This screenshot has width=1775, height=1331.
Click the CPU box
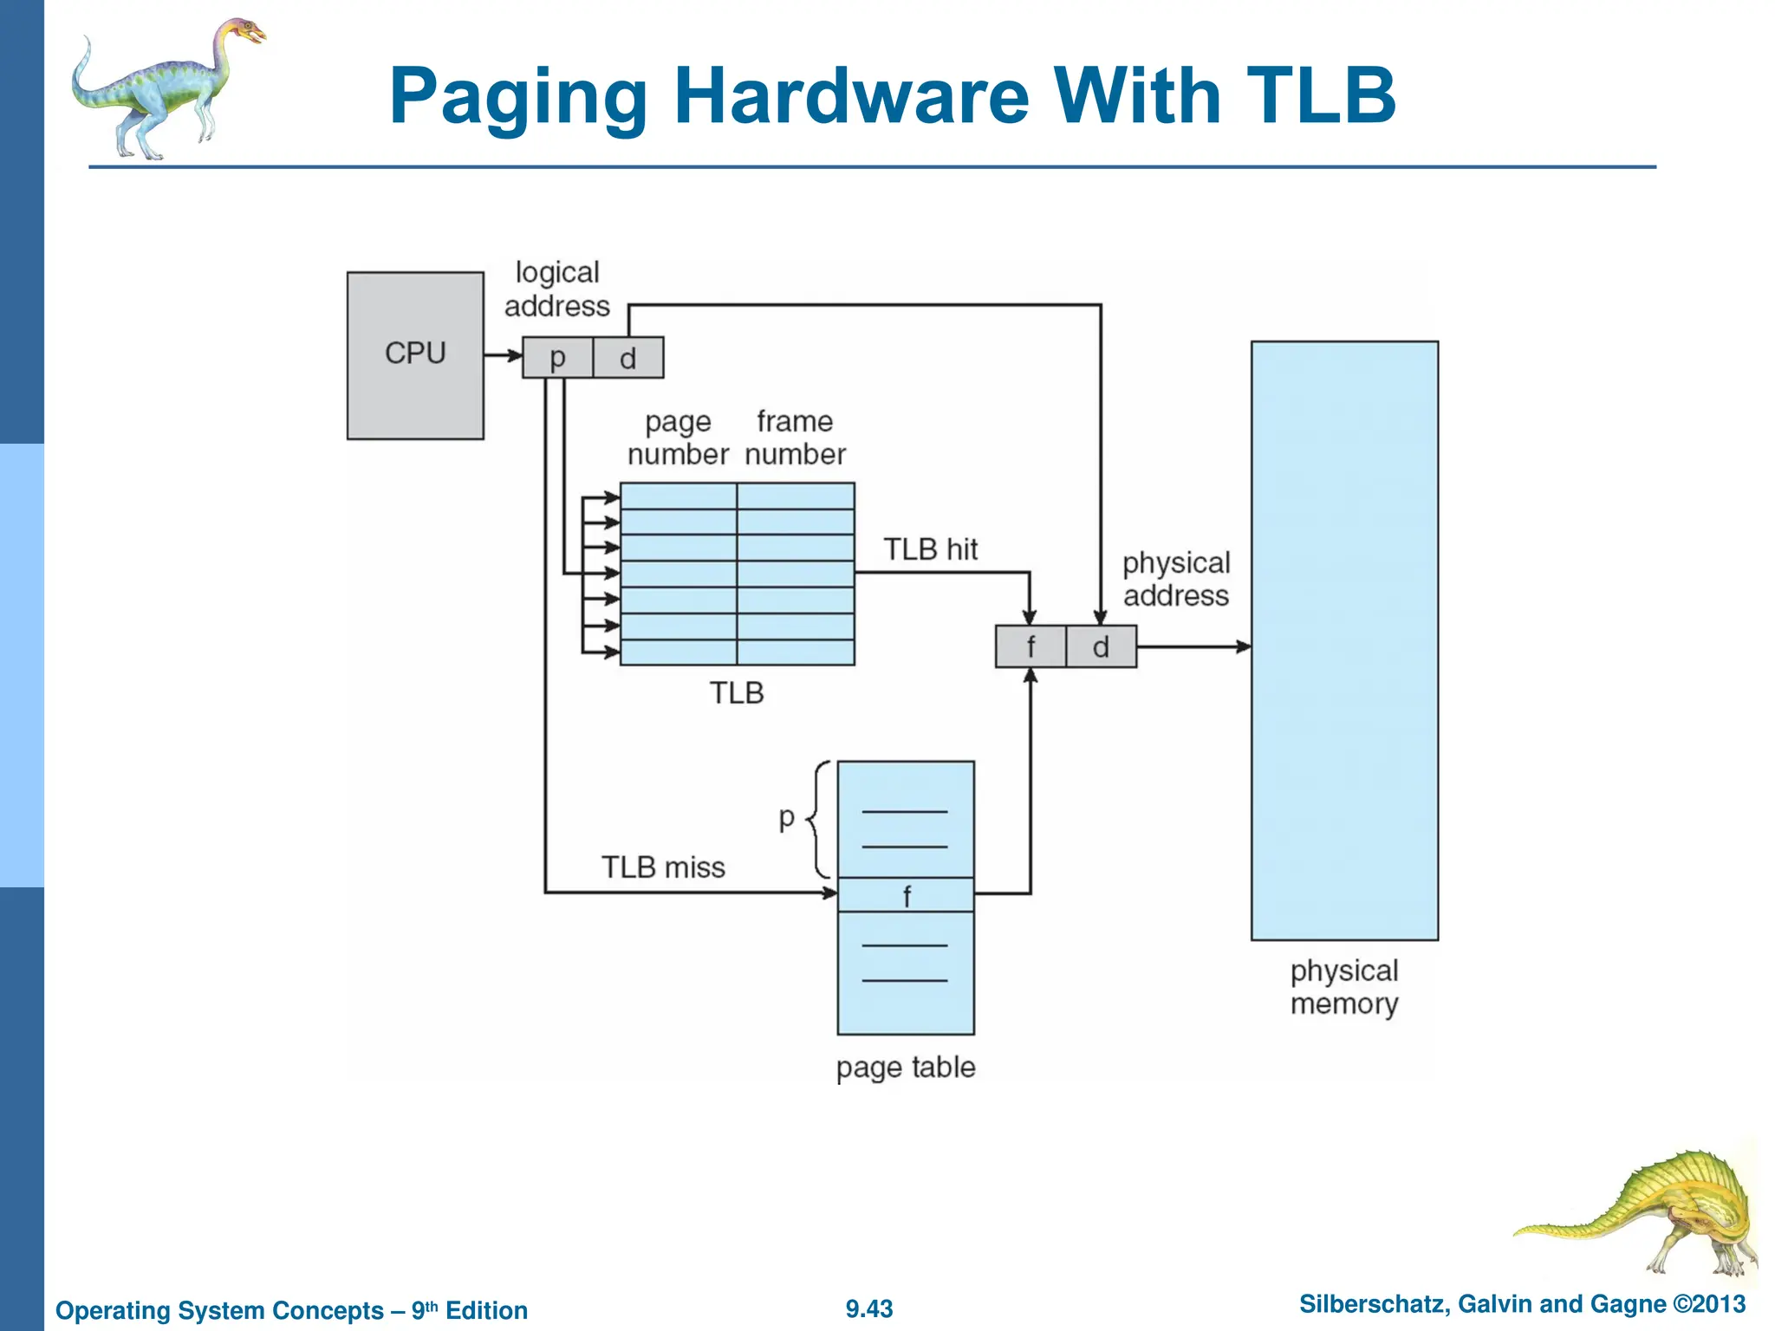[x=415, y=355]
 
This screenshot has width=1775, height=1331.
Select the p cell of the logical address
[x=557, y=358]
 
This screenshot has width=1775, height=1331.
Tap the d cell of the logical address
[x=628, y=358]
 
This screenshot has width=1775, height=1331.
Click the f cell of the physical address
[x=1031, y=647]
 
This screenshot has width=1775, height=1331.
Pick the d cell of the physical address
[x=1101, y=647]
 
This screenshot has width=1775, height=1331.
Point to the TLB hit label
[x=930, y=549]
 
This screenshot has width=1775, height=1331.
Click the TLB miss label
[x=663, y=867]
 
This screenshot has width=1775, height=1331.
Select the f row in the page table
[x=906, y=895]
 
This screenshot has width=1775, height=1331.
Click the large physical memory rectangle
[x=1344, y=640]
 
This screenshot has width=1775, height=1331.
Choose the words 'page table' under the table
[x=906, y=1067]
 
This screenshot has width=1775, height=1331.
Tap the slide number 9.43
[x=869, y=1308]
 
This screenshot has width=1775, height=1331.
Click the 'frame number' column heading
[x=795, y=438]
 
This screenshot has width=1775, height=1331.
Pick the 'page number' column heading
[x=678, y=438]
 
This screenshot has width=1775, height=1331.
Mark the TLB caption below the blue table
[x=737, y=693]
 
